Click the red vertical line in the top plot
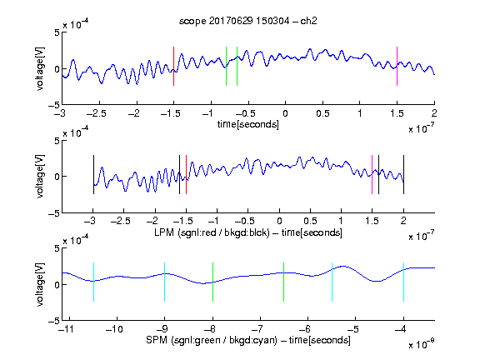click(x=173, y=66)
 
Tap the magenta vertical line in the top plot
click(x=397, y=66)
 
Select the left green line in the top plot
click(x=226, y=66)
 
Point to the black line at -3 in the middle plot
click(x=93, y=174)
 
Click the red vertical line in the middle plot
click(x=186, y=174)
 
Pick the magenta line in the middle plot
click(x=372, y=174)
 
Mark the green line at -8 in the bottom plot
click(x=212, y=282)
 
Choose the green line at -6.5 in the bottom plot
click(x=284, y=282)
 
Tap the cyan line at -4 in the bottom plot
click(x=403, y=282)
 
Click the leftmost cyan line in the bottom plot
click(x=93, y=282)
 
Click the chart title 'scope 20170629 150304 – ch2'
click(x=248, y=21)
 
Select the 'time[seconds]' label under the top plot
click(x=248, y=124)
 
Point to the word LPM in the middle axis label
click(x=164, y=232)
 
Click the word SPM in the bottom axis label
click(x=157, y=340)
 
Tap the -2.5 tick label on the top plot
click(x=97, y=113)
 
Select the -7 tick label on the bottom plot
click(x=260, y=329)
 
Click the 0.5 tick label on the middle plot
click(x=310, y=221)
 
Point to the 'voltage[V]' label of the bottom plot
click(x=40, y=284)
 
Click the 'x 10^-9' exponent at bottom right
click(x=422, y=344)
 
